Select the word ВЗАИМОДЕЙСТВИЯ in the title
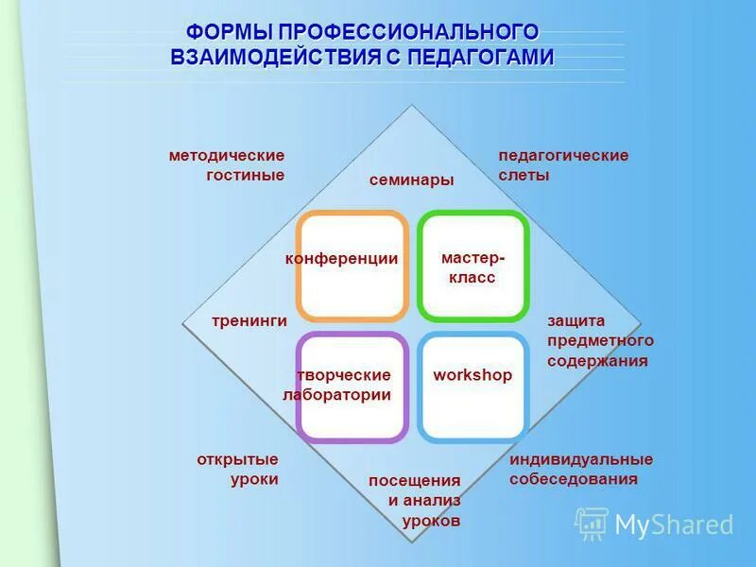coord(275,58)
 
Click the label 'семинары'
coord(411,180)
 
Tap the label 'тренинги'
coord(249,321)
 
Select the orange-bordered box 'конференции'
coord(352,266)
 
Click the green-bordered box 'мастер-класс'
coord(472,266)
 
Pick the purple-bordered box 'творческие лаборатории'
coord(352,387)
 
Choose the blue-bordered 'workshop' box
coord(472,387)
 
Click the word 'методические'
coord(227,155)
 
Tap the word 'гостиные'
coord(245,175)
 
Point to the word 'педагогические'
coord(563,155)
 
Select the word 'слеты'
coord(524,175)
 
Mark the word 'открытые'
coord(237,459)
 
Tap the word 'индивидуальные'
coord(581,459)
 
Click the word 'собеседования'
coord(574,479)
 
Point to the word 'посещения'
coord(415,480)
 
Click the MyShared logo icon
coord(592,524)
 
